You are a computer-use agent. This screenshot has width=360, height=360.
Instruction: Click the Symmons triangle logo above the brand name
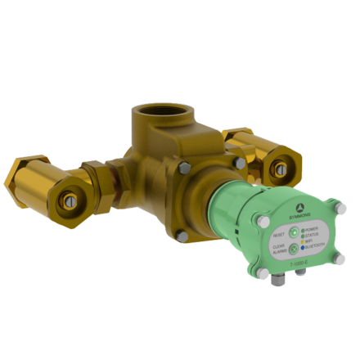pyautogui.click(x=299, y=208)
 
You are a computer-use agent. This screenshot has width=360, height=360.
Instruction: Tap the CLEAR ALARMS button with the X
pyautogui.click(x=293, y=249)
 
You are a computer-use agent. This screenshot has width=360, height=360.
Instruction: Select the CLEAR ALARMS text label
pyautogui.click(x=278, y=249)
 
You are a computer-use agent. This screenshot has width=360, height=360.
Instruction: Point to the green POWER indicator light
pyautogui.click(x=303, y=230)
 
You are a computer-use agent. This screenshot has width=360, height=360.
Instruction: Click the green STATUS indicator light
pyautogui.click(x=303, y=236)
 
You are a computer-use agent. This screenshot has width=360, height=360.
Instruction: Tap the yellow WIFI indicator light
pyautogui.click(x=303, y=241)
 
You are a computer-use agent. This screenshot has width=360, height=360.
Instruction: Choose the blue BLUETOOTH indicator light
pyautogui.click(x=303, y=247)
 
